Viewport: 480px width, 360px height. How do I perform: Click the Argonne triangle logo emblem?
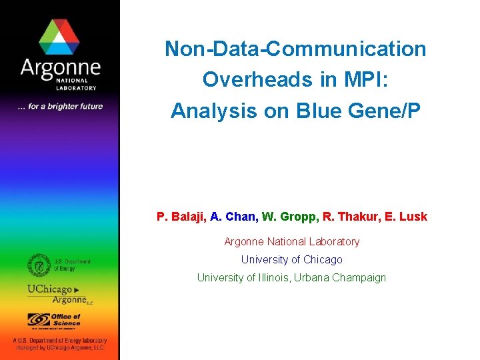point(59,37)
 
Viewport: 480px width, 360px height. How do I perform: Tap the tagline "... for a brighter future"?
point(60,106)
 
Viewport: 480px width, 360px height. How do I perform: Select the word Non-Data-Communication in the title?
point(295,49)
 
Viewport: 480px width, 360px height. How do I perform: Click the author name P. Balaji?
point(181,217)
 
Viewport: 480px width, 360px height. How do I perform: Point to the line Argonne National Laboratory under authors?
point(291,241)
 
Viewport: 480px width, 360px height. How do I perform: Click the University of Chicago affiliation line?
point(291,259)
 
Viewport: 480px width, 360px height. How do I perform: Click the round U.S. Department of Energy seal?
point(39,265)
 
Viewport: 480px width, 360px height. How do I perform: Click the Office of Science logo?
point(54,321)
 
